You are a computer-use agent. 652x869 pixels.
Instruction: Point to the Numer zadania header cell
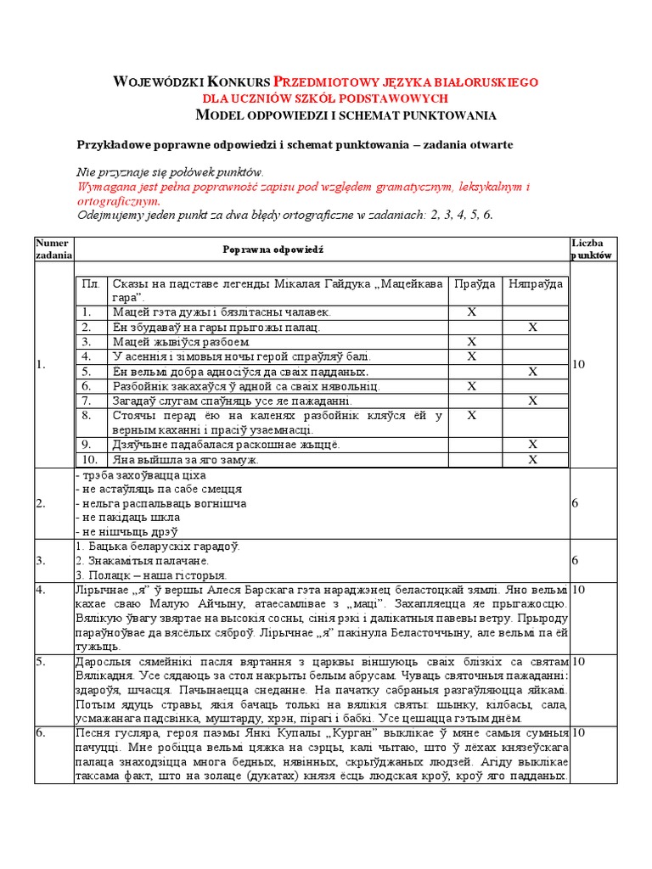coord(53,249)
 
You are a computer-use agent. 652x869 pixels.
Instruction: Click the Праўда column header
coord(472,284)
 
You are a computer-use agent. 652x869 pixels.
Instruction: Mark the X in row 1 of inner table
coord(472,312)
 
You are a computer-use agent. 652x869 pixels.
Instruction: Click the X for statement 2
coord(533,327)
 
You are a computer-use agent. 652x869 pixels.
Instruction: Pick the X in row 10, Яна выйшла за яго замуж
coord(533,459)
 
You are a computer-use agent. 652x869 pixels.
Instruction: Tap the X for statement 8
coord(472,415)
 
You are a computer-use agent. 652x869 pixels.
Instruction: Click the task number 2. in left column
coord(40,503)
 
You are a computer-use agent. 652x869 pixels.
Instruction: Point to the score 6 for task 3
coord(575,561)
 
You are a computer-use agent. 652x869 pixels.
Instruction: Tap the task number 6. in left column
coord(40,732)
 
